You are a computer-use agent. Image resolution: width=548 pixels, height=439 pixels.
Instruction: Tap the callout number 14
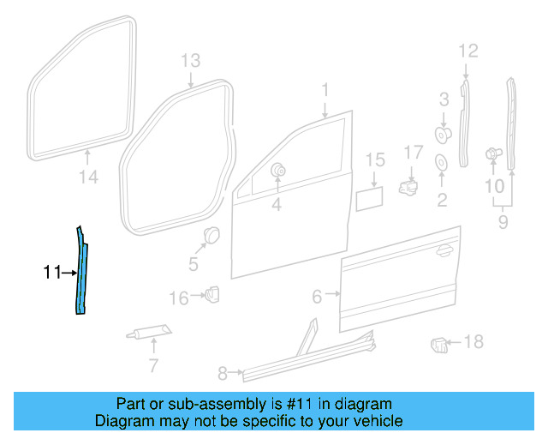click(89, 178)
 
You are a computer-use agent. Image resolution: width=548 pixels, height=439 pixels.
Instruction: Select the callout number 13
click(190, 60)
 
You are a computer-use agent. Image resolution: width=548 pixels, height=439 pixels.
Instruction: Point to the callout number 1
click(325, 90)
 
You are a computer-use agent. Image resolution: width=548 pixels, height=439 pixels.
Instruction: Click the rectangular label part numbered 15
click(369, 199)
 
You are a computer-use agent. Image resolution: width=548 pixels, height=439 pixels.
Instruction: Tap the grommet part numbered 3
click(444, 134)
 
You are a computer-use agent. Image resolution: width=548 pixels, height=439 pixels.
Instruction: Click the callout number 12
click(467, 51)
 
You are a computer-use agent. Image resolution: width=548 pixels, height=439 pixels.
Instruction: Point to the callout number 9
click(503, 223)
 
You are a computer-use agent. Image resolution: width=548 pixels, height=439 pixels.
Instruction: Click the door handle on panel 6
click(444, 250)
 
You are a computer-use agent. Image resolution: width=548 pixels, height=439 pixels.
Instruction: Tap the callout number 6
click(317, 297)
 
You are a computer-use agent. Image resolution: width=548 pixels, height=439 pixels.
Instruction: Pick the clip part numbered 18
click(438, 345)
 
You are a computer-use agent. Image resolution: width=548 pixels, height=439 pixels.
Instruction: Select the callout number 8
click(223, 373)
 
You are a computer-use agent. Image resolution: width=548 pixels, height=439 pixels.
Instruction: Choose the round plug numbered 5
click(211, 235)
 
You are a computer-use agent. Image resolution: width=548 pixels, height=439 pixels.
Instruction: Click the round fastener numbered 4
click(278, 171)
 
